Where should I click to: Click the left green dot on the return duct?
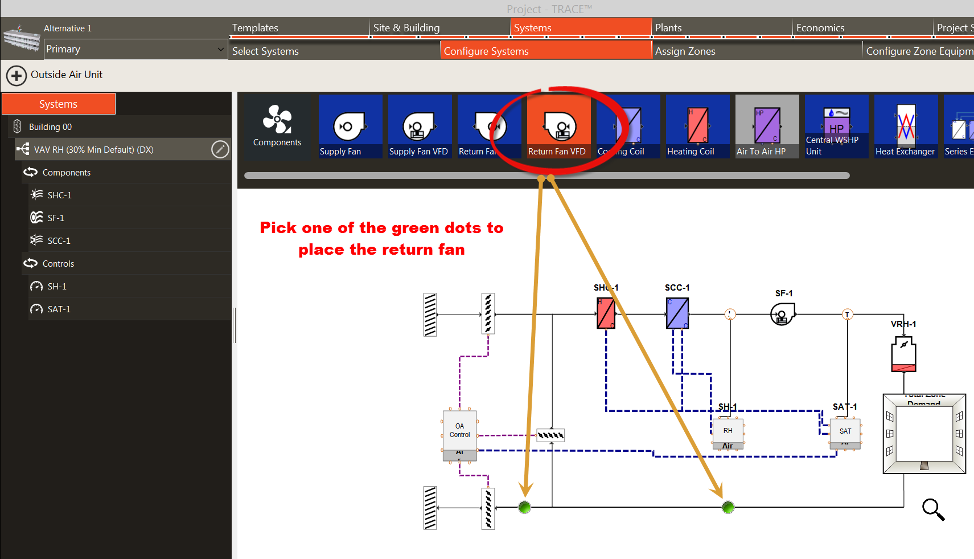tap(525, 507)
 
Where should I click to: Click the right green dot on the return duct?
tap(728, 507)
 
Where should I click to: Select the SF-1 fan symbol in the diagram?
tap(782, 314)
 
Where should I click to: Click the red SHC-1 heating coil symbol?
tap(606, 313)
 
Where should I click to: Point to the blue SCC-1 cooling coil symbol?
tap(677, 313)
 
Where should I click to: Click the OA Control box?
tap(459, 431)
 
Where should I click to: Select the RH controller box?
tap(728, 431)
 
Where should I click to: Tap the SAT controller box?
tap(845, 432)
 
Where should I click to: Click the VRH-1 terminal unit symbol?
tap(903, 354)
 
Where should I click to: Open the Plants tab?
tap(668, 28)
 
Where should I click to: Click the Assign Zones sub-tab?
tap(685, 51)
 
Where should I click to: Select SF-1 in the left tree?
tap(56, 218)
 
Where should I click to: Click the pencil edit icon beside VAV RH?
tap(220, 149)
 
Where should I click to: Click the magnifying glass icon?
tap(933, 509)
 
